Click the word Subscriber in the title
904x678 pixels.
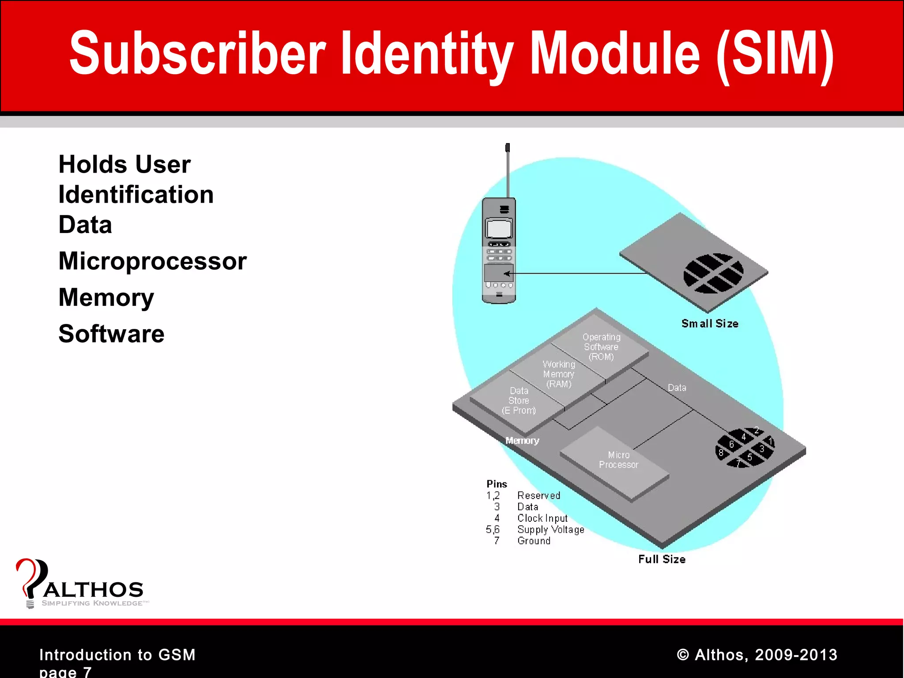click(197, 54)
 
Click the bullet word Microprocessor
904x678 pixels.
click(152, 261)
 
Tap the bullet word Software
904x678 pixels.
click(111, 334)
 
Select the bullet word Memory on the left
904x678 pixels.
click(106, 297)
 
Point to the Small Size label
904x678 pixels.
click(709, 324)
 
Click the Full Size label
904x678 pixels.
click(662, 559)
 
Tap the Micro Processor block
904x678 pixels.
click(618, 460)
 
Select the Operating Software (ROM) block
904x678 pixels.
click(601, 347)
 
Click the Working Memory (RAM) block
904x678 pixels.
click(559, 374)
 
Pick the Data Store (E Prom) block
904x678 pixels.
click(519, 401)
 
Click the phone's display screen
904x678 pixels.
click(499, 229)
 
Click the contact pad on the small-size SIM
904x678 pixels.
click(713, 273)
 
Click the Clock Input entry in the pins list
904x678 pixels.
click(542, 518)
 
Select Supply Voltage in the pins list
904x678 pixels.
click(550, 530)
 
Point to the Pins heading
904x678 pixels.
click(497, 484)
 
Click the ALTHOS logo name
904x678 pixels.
click(94, 590)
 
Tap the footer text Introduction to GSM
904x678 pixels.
click(117, 655)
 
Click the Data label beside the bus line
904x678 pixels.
click(677, 388)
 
